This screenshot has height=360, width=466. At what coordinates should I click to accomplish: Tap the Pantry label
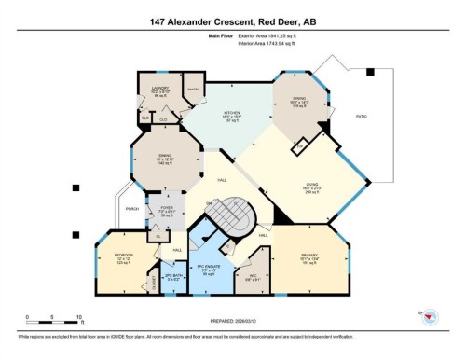193,88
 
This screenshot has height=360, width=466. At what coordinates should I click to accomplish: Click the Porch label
131,208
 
